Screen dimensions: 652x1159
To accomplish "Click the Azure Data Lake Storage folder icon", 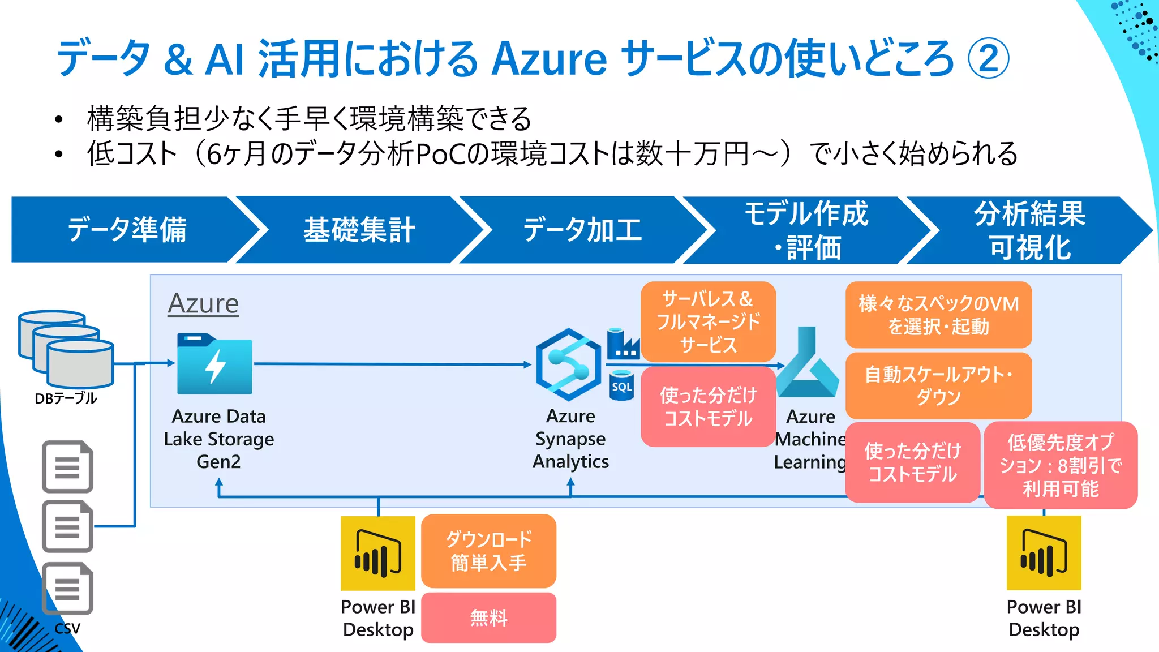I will pos(214,364).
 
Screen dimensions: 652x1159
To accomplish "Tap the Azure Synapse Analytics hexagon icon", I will pos(569,364).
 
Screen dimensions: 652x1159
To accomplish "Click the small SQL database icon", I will pos(621,385).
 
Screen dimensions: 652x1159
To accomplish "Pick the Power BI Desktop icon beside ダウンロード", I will pos(378,553).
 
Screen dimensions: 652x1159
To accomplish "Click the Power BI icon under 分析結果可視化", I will pos(1044,553).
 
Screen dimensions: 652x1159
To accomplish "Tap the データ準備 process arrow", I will pos(127,230).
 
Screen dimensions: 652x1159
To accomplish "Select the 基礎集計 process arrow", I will pos(359,230).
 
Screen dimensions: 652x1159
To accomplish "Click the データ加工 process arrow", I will pos(583,230).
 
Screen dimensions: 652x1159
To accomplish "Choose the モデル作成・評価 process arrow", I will pos(806,230).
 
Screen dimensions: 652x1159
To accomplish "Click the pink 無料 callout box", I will pos(488,617).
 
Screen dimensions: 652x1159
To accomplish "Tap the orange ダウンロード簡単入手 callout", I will pos(488,551).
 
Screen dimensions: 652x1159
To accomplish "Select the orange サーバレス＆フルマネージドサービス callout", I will pos(708,321).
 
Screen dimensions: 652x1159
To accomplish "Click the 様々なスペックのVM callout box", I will pos(938,315).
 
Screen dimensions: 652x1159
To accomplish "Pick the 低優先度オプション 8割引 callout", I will pos(1061,465).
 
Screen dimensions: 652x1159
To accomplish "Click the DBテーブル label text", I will pos(66,398).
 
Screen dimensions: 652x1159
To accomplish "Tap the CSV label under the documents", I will pos(67,628).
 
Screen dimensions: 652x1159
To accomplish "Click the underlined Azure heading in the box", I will pos(203,303).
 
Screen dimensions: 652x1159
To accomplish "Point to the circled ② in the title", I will pos(988,58).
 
